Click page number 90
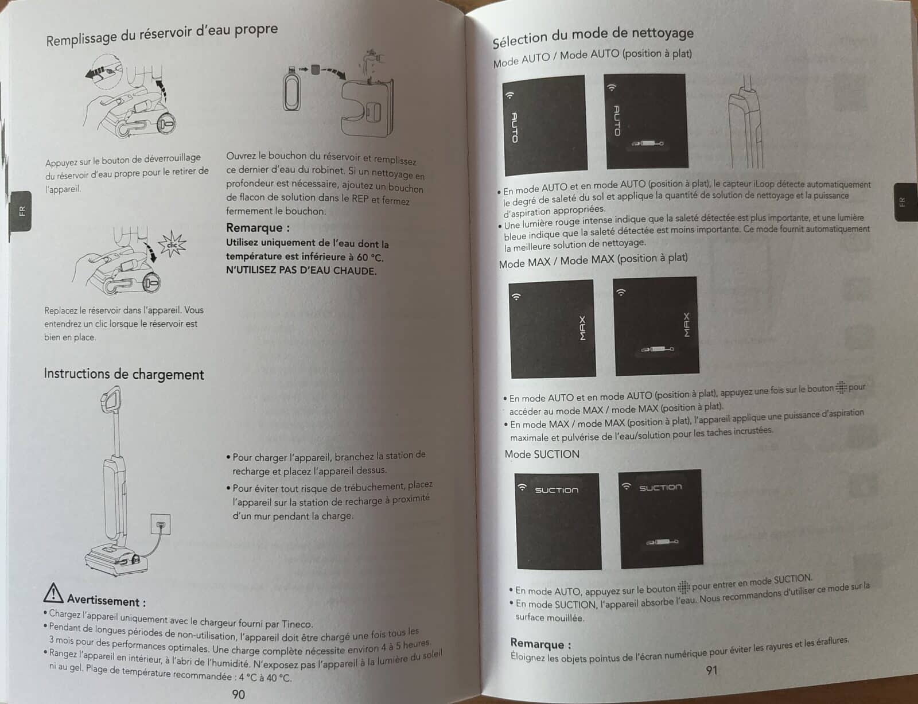coord(238,694)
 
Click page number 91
coord(712,670)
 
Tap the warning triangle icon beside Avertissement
coord(53,593)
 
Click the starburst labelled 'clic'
coord(172,244)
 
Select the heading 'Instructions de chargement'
coord(124,374)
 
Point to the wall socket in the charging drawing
coord(161,524)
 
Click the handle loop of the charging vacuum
coord(111,399)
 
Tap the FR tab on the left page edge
coord(21,211)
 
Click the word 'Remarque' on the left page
coord(254,228)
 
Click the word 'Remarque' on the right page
coord(537,643)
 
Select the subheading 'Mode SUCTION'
coord(542,454)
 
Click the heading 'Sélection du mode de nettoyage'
coord(593,36)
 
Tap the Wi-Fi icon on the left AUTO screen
coord(510,95)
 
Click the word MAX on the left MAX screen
coord(582,329)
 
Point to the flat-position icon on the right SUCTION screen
coord(662,542)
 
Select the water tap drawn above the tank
coord(372,59)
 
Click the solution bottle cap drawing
coord(315,69)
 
